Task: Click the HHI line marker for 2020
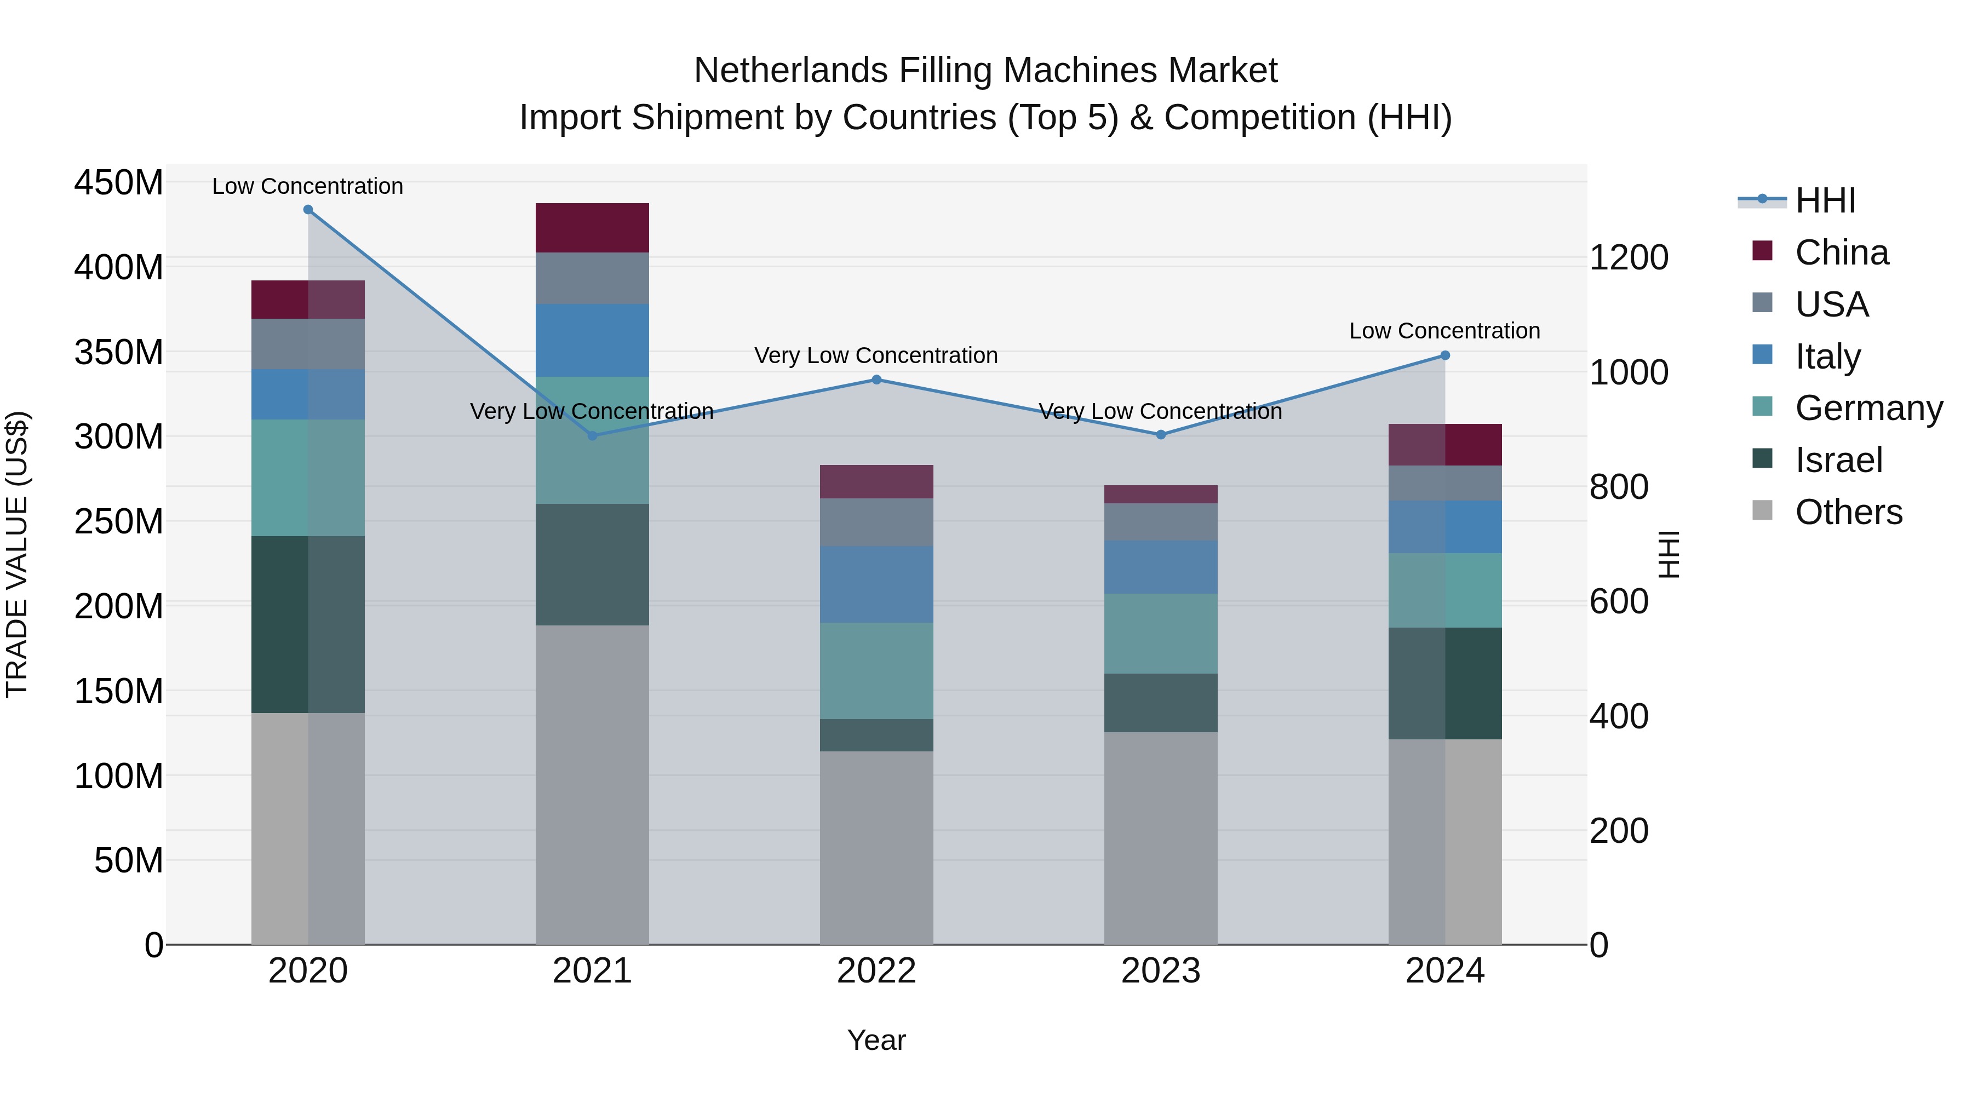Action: [x=308, y=210]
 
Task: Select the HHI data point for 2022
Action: [x=876, y=380]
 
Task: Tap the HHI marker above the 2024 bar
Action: [x=1444, y=355]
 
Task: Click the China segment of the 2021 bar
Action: [x=592, y=228]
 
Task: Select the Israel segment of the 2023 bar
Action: [x=1161, y=703]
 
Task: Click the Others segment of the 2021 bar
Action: [x=592, y=784]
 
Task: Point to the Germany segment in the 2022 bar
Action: [x=876, y=670]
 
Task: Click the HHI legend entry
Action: [x=1825, y=200]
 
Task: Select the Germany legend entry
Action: [x=1868, y=408]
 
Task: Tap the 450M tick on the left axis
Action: [x=119, y=183]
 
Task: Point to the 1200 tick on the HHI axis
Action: [x=1629, y=257]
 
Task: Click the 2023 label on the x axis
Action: [x=1161, y=971]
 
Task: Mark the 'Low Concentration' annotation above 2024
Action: [x=1444, y=331]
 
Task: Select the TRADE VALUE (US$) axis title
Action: [x=17, y=554]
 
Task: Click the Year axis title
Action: [x=876, y=1040]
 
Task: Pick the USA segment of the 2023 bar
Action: [x=1161, y=522]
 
